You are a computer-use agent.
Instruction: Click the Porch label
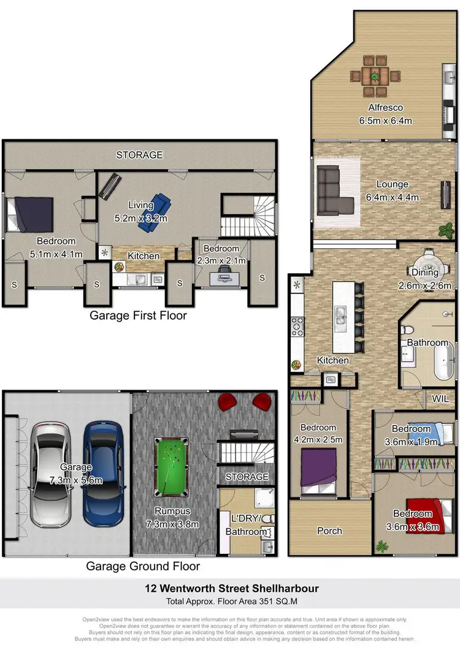tap(329, 531)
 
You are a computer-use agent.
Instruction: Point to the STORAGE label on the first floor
tap(140, 155)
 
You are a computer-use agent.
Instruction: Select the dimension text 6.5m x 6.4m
tap(385, 121)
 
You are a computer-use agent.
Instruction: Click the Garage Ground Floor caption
tap(142, 566)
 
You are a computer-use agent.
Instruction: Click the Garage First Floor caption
tap(138, 316)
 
